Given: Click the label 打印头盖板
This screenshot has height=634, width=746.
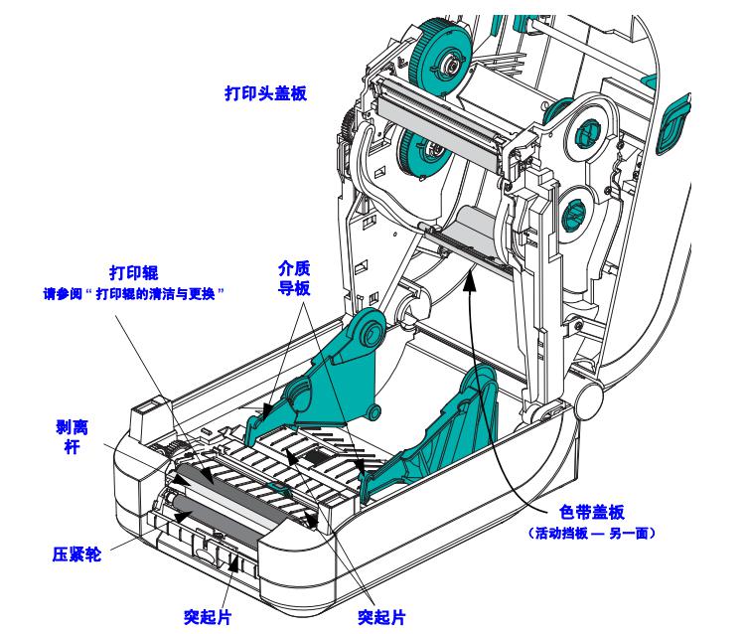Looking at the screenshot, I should coord(264,94).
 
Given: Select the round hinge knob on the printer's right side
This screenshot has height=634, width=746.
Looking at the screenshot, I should coord(587,399).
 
